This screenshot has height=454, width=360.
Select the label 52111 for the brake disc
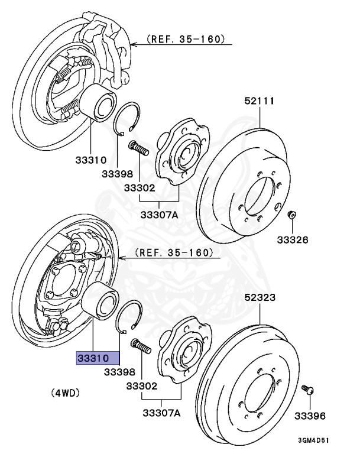coord(260,101)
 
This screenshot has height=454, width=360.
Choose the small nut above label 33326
coord(291,214)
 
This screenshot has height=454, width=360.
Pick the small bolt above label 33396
coord(307,390)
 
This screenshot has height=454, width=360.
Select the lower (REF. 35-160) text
coord(173,252)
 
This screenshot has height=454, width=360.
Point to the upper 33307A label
coord(159,215)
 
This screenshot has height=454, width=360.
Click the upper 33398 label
coord(118,174)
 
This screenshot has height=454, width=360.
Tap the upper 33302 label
coord(140,189)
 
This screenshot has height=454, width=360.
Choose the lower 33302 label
coord(141,387)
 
